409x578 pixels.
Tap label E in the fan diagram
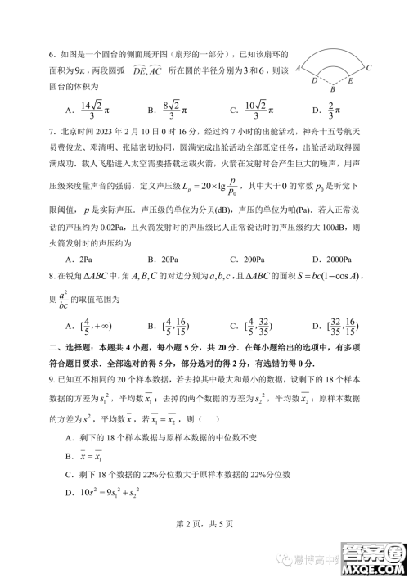tap(351, 82)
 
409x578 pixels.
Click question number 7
tap(52, 130)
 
